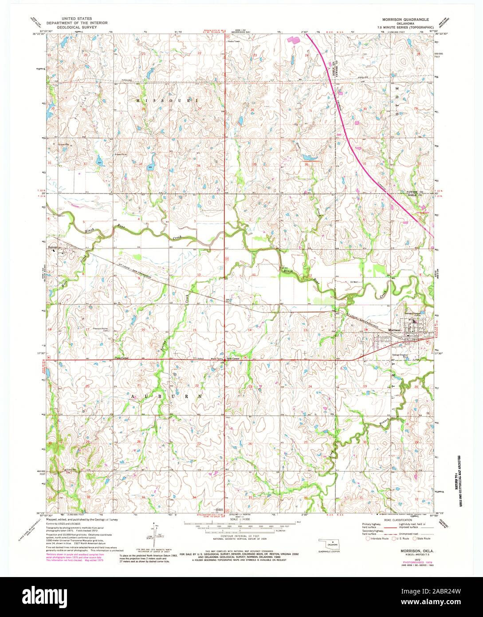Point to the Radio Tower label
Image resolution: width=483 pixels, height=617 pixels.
click(x=233, y=42)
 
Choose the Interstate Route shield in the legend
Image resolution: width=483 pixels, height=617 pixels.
click(x=368, y=538)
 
